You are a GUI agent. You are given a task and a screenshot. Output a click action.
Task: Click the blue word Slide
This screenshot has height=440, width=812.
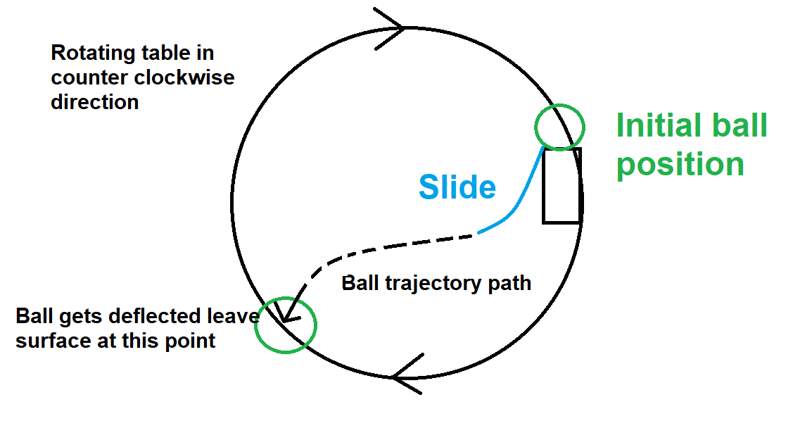point(457,187)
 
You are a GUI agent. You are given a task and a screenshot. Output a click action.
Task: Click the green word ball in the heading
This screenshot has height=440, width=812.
point(740,127)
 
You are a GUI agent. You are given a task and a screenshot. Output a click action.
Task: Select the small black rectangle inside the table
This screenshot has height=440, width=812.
point(561,186)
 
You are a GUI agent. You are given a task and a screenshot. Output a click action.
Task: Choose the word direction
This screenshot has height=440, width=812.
point(94,102)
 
